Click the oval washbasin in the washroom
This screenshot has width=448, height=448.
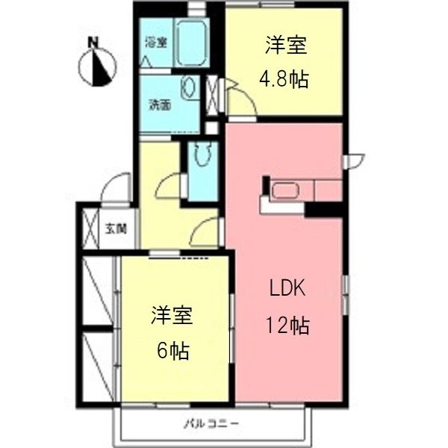[x=190, y=89]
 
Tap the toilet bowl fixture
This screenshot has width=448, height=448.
[x=202, y=155]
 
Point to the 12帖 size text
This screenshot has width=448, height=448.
[x=286, y=326]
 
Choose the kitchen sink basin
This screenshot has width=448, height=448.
[x=285, y=190]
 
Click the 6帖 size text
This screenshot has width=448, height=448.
[x=172, y=348]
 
